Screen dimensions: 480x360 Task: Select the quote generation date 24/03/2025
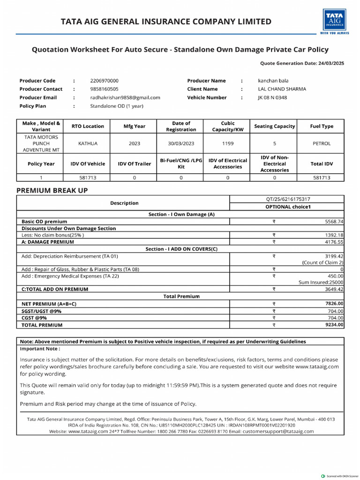tap(331, 63)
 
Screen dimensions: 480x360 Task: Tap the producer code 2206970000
tap(104, 81)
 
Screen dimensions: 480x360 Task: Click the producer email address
tap(125, 97)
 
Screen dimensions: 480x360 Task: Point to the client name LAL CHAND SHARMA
tap(282, 89)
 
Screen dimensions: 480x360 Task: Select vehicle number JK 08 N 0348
tap(272, 97)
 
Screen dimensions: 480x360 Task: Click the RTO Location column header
tap(88, 126)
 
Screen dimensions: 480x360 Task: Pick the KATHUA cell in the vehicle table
tap(88, 143)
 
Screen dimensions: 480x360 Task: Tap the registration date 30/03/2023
tap(181, 143)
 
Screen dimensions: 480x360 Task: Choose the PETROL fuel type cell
tap(321, 143)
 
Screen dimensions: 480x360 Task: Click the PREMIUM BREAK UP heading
tap(52, 190)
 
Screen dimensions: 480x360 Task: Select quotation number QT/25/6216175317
tap(288, 199)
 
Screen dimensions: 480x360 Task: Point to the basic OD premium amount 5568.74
tap(334, 221)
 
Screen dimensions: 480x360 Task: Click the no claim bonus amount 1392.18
tap(334, 235)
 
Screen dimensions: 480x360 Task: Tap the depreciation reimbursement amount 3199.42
tap(334, 256)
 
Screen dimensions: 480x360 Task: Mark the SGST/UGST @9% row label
tap(42, 311)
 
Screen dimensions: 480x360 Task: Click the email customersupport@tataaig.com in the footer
tap(279, 431)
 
